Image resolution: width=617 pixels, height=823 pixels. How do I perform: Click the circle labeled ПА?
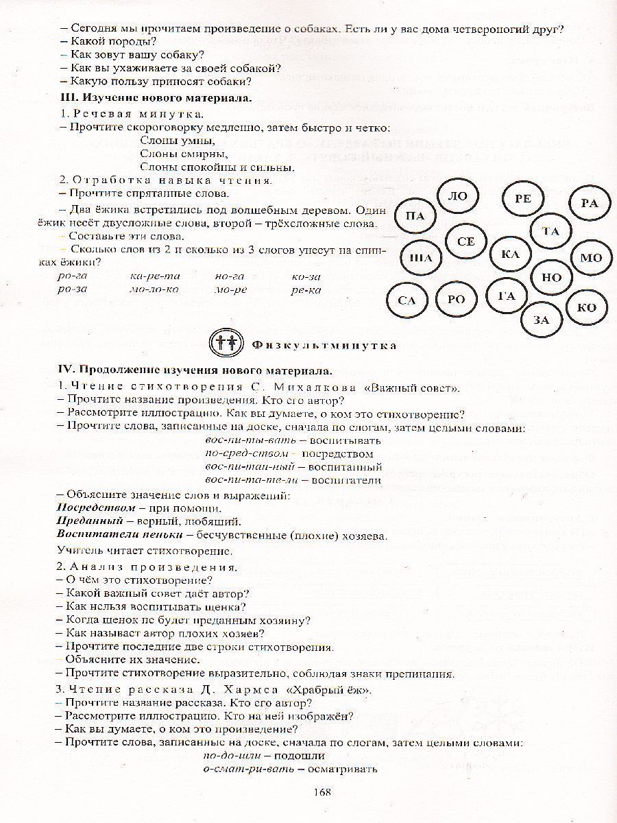pos(415,217)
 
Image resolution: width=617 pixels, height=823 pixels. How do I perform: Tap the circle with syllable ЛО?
pos(457,196)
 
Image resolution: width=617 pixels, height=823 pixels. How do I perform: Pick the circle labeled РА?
pos(589,202)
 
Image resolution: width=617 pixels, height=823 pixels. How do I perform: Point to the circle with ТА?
pos(551,232)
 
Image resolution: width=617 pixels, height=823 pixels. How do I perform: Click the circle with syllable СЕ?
pos(465,241)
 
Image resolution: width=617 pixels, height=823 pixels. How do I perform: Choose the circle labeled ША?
pos(420,259)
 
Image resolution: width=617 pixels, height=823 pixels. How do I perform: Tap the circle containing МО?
pos(590,259)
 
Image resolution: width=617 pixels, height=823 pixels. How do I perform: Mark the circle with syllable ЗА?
pos(542,320)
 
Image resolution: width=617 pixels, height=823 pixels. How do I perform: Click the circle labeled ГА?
pos(506,296)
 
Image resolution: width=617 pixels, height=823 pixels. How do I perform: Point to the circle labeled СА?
pos(407,300)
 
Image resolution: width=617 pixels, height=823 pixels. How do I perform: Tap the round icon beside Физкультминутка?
pos(226,343)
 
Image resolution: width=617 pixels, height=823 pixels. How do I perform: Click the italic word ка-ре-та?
pos(155,276)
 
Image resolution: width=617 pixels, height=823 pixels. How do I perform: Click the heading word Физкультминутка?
pos(324,344)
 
